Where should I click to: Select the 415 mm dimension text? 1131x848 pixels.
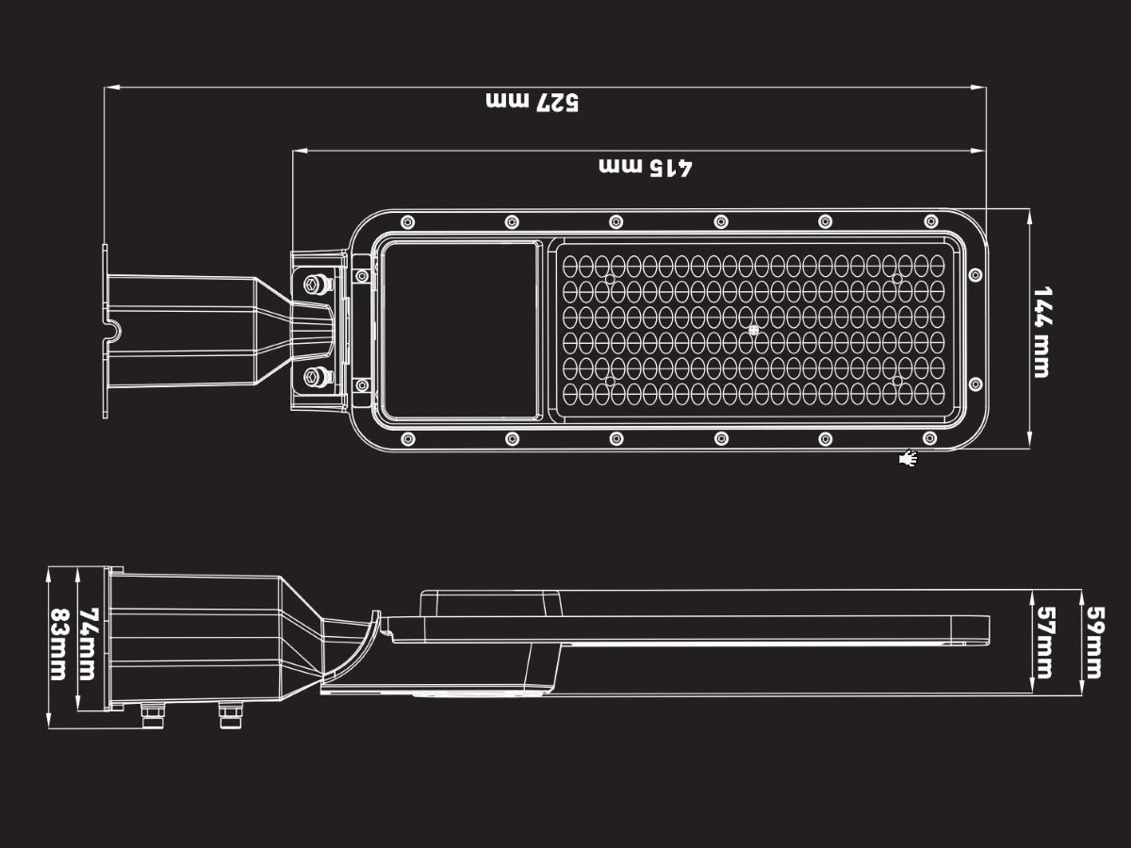click(x=646, y=167)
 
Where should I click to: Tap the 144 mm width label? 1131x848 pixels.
click(x=1041, y=332)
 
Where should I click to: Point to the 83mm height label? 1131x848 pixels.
click(x=58, y=644)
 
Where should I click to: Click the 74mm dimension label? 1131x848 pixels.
click(x=88, y=644)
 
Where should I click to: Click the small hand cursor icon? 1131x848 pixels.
click(x=909, y=459)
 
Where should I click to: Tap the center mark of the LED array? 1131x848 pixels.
click(x=753, y=331)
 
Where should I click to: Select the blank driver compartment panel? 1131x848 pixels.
click(x=461, y=330)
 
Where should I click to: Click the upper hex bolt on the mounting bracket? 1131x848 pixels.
click(x=316, y=282)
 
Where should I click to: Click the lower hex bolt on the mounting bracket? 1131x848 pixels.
click(x=316, y=378)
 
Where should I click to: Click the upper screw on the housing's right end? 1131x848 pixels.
click(x=975, y=275)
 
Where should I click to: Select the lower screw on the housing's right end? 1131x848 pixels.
click(x=975, y=384)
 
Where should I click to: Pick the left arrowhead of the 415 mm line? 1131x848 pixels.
click(x=298, y=151)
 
